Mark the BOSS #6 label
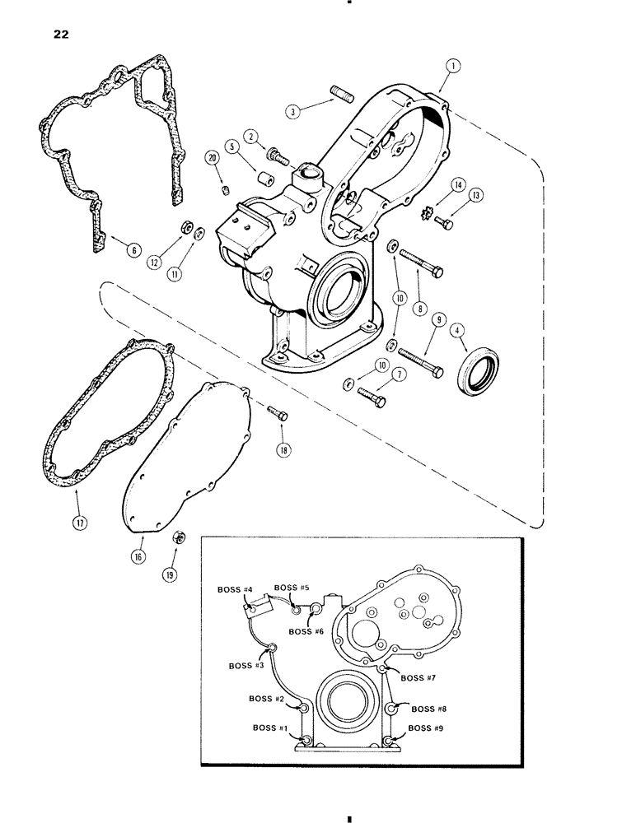(305, 631)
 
